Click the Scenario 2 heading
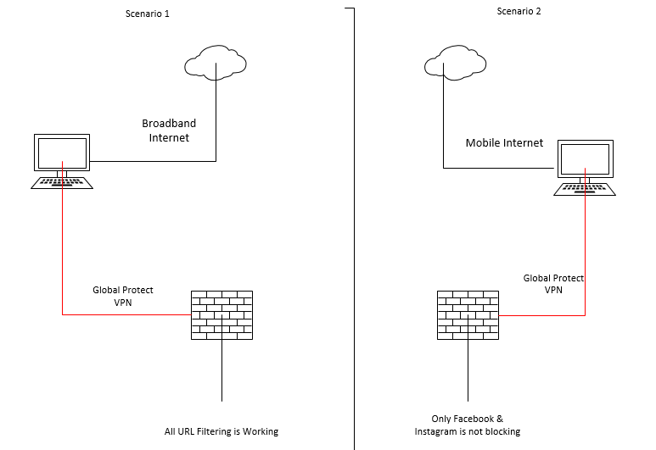point(519,11)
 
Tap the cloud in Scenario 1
point(216,62)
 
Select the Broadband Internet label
point(165,130)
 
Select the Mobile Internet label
point(504,143)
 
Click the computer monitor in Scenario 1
point(62,154)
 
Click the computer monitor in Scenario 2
point(584,161)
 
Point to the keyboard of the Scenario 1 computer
point(62,181)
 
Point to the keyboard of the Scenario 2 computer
point(584,189)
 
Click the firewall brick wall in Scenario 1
point(221,315)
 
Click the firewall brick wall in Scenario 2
point(468,315)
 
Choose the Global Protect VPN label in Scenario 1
point(125,296)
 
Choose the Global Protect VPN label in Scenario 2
point(553,284)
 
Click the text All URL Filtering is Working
point(221,431)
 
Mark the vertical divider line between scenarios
point(354,229)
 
